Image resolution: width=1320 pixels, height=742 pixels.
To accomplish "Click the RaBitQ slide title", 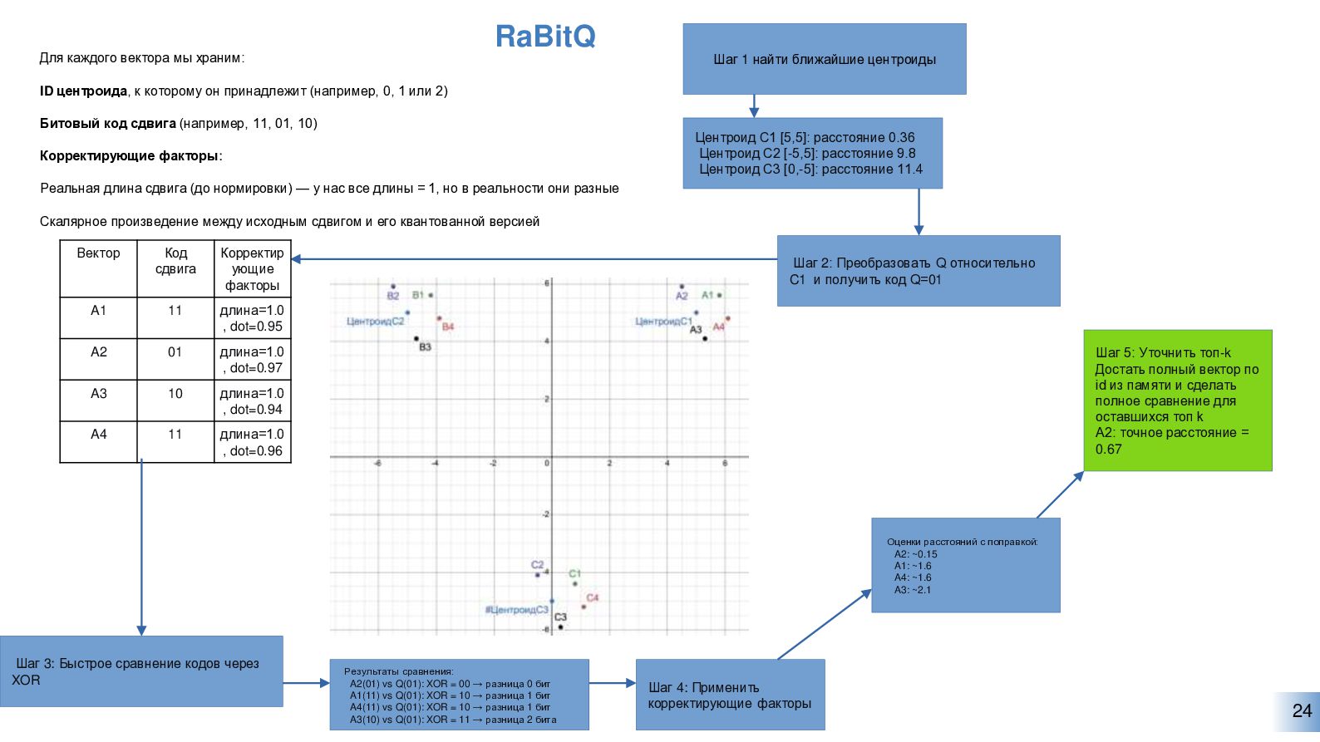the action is pyautogui.click(x=545, y=37).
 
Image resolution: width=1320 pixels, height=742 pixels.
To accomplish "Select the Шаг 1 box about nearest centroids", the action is pyautogui.click(x=824, y=59).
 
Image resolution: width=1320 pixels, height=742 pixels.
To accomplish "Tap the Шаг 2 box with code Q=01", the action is pyautogui.click(x=918, y=271).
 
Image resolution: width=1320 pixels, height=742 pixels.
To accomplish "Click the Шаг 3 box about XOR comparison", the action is pyautogui.click(x=141, y=671).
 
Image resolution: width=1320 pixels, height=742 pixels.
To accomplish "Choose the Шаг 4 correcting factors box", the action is pyautogui.click(x=730, y=695).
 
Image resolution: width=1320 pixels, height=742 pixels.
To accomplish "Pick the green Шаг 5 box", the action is pyautogui.click(x=1177, y=400).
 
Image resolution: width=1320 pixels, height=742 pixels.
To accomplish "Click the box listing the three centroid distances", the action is pyautogui.click(x=812, y=154).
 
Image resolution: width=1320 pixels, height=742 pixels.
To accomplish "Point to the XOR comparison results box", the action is pyautogui.click(x=459, y=695).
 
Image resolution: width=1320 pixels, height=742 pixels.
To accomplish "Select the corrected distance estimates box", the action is pyautogui.click(x=965, y=565).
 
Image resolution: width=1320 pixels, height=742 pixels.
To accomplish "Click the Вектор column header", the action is pyautogui.click(x=98, y=253).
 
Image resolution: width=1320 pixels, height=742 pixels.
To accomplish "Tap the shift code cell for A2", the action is pyautogui.click(x=175, y=352).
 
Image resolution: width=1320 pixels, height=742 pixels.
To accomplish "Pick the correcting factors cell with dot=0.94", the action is pyautogui.click(x=253, y=401).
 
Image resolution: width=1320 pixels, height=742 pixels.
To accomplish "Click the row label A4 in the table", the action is pyautogui.click(x=98, y=435).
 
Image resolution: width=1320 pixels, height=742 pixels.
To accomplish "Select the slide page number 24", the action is pyautogui.click(x=1302, y=711).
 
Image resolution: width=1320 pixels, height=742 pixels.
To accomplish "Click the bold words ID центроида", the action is pyautogui.click(x=83, y=91).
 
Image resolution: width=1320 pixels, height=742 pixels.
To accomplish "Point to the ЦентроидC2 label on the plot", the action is pyautogui.click(x=375, y=322).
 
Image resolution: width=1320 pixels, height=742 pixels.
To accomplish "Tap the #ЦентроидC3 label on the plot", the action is pyautogui.click(x=516, y=610).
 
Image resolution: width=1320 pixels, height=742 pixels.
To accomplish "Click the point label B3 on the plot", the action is pyautogui.click(x=425, y=347).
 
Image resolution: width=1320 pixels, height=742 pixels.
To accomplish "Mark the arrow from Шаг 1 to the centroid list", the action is pyautogui.click(x=754, y=106).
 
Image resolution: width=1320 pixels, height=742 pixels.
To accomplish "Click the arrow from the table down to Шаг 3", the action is pyautogui.click(x=141, y=548).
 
